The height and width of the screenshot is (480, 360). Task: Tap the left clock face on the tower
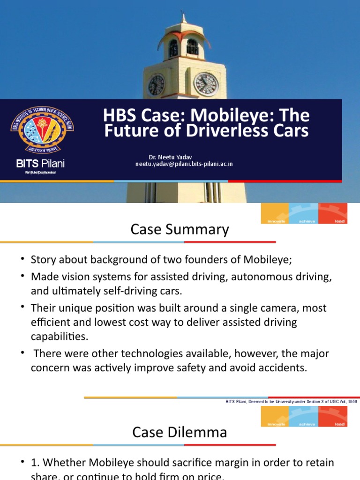pos(156,85)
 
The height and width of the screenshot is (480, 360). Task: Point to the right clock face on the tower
pos(206,84)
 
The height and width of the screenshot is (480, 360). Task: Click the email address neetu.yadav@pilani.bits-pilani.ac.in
pos(184,164)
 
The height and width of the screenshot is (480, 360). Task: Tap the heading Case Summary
pos(180,230)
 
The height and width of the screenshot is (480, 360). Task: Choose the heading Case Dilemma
pos(180,432)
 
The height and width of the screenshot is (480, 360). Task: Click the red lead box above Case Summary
pos(333,213)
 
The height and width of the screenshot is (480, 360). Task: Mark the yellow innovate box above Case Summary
pos(275,213)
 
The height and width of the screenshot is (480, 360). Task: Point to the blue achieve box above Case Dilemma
pos(304,416)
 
